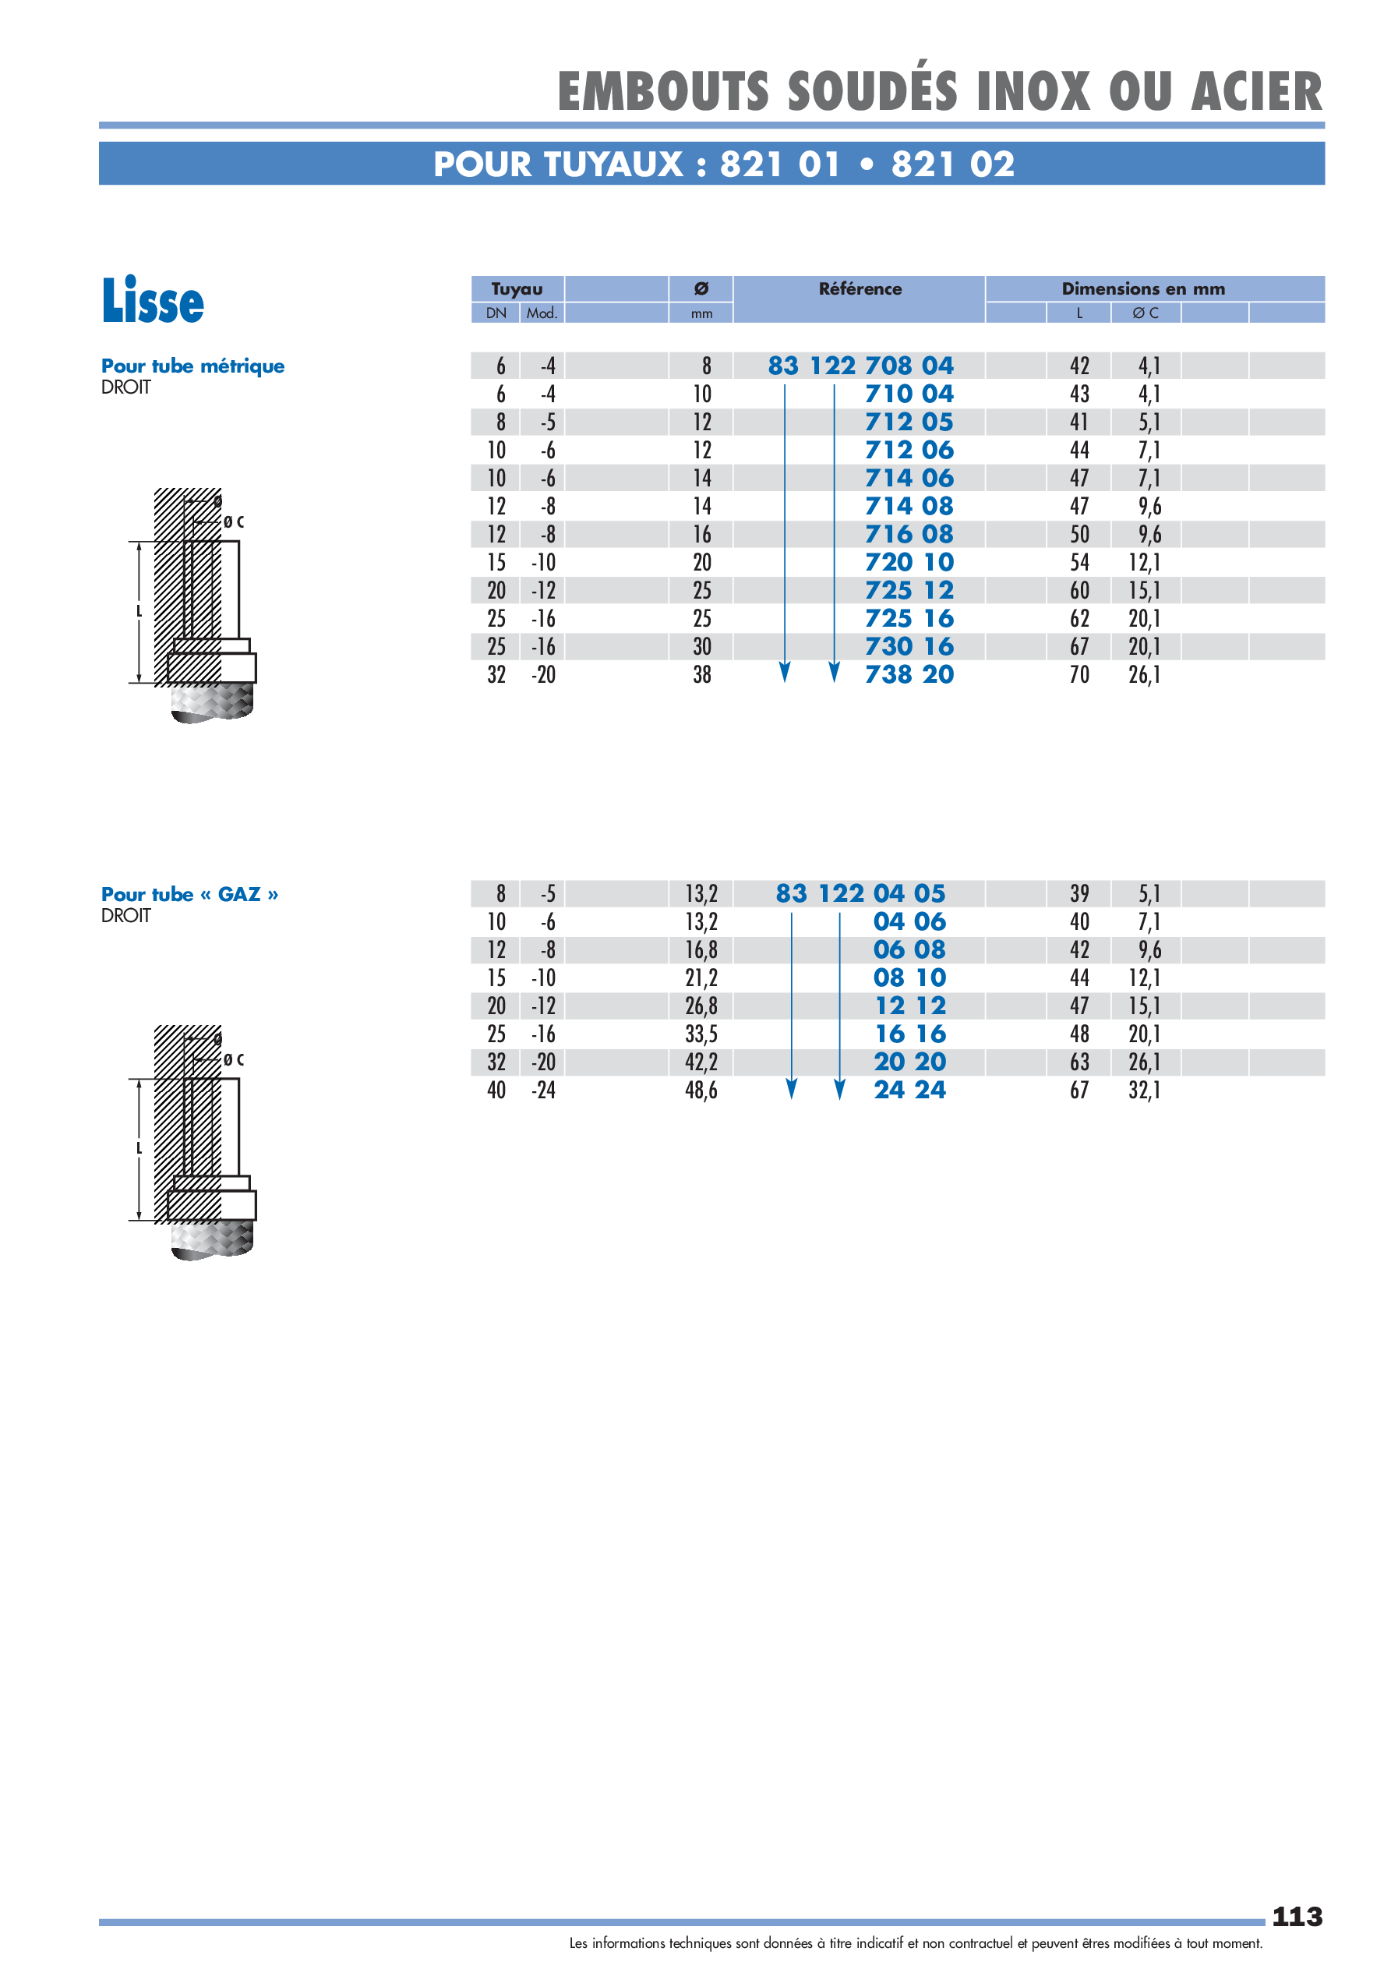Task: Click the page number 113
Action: [1296, 1916]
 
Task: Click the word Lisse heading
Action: [153, 301]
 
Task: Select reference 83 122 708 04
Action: [860, 366]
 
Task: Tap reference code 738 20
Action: [909, 675]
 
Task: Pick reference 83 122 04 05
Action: [860, 893]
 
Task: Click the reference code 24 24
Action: [909, 1090]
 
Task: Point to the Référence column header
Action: [860, 289]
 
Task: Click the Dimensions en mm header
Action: [1142, 289]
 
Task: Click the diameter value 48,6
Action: [701, 1090]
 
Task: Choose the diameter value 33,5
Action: [701, 1034]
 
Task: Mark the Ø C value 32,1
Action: [1144, 1090]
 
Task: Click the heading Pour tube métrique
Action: [193, 366]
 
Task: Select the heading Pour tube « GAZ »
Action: [189, 894]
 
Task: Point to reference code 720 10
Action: [909, 563]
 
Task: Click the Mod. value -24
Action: [544, 1090]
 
